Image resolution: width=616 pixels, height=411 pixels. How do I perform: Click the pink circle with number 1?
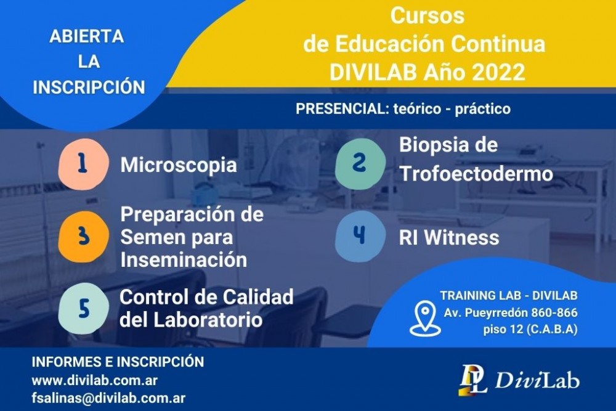[x=83, y=165]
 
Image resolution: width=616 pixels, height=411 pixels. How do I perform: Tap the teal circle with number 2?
[x=360, y=163]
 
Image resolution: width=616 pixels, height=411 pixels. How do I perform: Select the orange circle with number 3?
[x=83, y=237]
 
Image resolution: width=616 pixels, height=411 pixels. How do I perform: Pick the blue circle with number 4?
[x=360, y=236]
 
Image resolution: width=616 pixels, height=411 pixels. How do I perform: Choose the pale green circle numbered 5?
[x=83, y=309]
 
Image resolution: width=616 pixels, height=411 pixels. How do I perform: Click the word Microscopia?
[x=179, y=165]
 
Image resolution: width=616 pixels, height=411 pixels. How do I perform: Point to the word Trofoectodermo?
[x=476, y=173]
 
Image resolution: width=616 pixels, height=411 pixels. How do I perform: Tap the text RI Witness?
[x=449, y=237]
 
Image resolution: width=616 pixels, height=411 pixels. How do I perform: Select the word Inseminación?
[x=184, y=259]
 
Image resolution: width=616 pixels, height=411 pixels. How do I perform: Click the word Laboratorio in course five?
[x=208, y=319]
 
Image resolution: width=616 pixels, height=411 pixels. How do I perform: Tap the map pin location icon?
[x=424, y=319]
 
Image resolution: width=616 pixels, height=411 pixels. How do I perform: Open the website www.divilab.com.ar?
[x=95, y=380]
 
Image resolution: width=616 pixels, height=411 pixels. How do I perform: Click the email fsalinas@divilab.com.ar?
[x=108, y=398]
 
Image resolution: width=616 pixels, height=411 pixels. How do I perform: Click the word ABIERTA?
[x=87, y=36]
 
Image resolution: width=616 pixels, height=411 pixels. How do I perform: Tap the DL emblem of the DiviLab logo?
[x=472, y=380]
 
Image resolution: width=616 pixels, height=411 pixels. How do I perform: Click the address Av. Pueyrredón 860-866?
[x=511, y=313]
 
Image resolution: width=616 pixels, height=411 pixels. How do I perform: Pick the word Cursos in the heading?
[x=427, y=16]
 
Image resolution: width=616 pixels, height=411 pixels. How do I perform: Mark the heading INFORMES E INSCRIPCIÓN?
[x=118, y=362]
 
